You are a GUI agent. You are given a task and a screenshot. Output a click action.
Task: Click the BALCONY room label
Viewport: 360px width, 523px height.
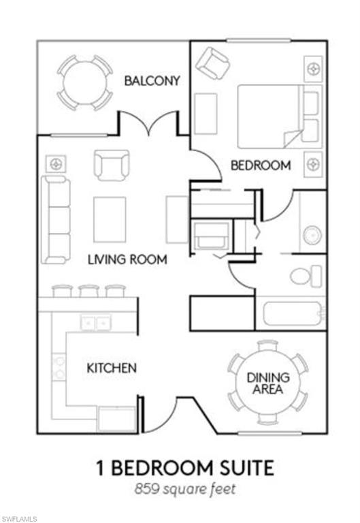[152, 81]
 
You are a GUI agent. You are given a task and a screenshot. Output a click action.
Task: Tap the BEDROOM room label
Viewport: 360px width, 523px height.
[261, 165]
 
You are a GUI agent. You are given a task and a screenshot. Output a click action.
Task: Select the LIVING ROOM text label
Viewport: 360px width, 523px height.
[128, 259]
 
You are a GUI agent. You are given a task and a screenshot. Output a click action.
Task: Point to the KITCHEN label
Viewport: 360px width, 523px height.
[112, 368]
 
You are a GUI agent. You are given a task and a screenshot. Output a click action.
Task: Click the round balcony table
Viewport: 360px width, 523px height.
[84, 82]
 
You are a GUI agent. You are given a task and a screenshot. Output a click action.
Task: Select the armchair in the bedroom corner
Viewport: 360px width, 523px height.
[213, 63]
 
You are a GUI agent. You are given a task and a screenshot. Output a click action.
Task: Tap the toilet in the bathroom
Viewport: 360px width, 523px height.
[306, 276]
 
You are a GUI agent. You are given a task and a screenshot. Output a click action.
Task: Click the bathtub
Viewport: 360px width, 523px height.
[293, 313]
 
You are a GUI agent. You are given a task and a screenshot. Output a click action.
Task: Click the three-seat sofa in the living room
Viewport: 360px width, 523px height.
[56, 220]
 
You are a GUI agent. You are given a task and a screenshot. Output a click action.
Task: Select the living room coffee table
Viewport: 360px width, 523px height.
[110, 219]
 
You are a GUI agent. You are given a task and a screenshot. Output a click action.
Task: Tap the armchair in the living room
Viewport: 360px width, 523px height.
[112, 165]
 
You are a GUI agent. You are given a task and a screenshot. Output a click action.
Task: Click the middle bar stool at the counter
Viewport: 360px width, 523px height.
[88, 291]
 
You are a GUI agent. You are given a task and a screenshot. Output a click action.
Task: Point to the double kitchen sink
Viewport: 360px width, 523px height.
[96, 323]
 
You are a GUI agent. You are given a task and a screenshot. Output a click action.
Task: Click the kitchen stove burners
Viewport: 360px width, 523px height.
[59, 367]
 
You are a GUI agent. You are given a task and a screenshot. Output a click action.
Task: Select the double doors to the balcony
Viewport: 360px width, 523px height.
[148, 123]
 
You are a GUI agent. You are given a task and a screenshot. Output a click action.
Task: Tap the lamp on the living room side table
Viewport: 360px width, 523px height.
[56, 163]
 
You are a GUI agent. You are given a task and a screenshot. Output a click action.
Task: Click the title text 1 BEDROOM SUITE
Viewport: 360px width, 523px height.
[185, 468]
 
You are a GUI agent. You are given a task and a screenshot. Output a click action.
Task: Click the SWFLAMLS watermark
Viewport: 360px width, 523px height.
[18, 519]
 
